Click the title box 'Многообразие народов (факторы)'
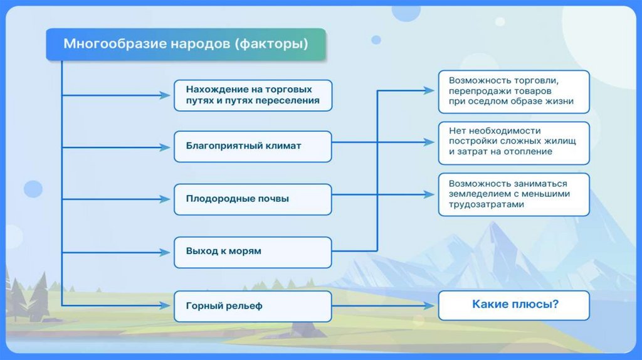(186, 45)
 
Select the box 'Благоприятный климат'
(252, 146)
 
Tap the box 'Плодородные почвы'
(252, 199)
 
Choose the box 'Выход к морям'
(252, 251)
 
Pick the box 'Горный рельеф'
(252, 306)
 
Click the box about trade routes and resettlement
(252, 95)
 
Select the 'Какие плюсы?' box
(514, 305)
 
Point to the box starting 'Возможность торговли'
(514, 91)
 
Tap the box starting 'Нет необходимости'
(514, 142)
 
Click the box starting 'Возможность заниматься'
(514, 194)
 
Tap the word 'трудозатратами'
(486, 204)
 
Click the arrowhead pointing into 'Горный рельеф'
(166, 306)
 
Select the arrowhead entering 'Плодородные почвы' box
(166, 199)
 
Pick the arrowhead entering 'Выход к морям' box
(166, 252)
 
